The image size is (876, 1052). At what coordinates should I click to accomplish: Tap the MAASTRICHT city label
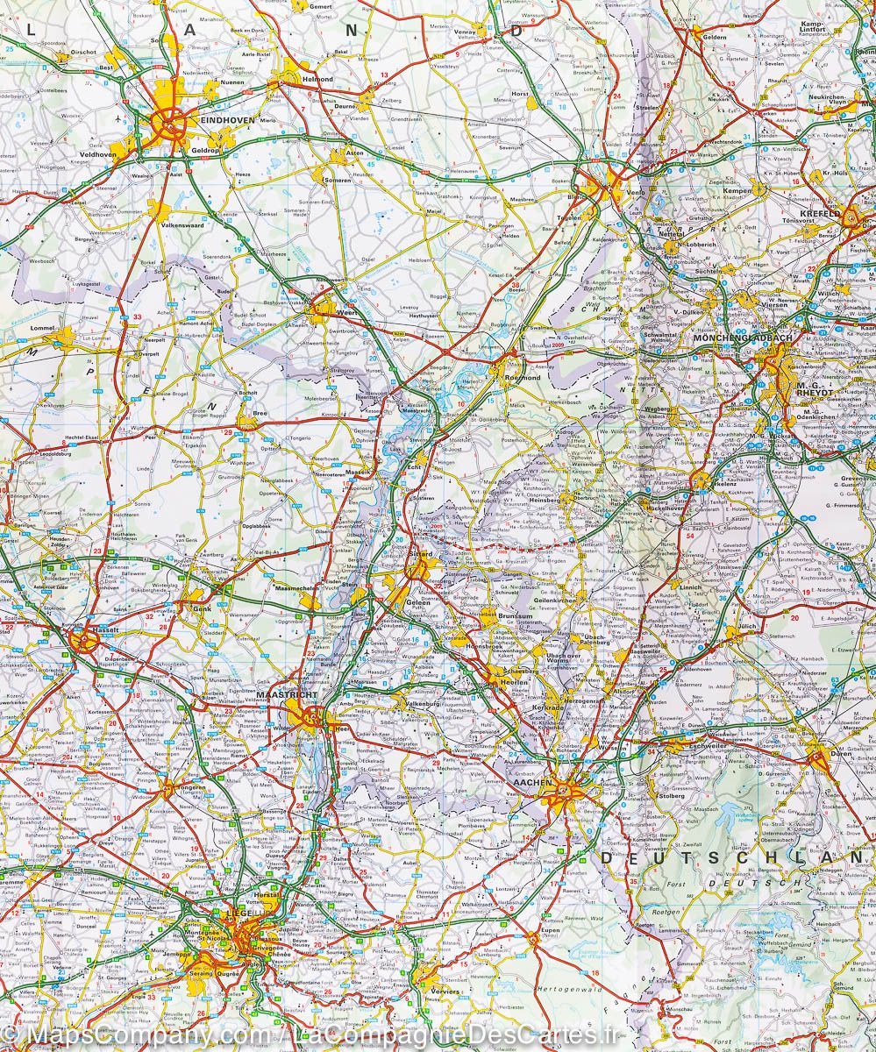pos(281,694)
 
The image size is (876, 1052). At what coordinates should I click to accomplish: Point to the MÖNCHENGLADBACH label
pos(730,338)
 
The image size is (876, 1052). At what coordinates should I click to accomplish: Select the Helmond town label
pos(317,79)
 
